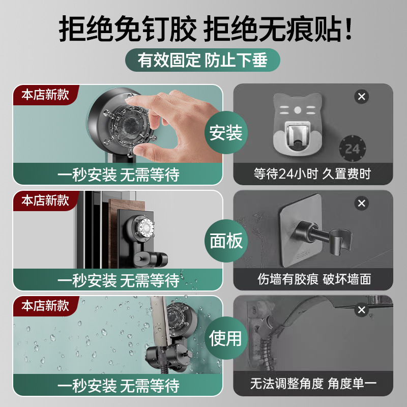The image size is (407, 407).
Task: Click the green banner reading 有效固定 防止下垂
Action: coord(202,60)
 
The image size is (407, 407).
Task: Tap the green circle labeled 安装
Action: coord(226,132)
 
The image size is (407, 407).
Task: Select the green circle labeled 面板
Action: coord(226,241)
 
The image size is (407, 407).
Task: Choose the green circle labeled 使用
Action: coord(225,338)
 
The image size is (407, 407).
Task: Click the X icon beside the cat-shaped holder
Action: coord(362,97)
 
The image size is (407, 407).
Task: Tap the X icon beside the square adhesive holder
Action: coord(362,203)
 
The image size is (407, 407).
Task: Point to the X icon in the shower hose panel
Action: coord(362,310)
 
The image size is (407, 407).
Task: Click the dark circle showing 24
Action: coord(353,149)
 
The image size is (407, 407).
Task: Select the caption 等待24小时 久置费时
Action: coord(312,173)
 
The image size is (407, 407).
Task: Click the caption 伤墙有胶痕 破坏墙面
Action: coord(314,279)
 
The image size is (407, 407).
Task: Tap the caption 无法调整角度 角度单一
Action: coord(313,384)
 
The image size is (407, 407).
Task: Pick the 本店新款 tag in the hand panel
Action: coord(45,95)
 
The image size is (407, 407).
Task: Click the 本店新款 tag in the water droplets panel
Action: coord(45,306)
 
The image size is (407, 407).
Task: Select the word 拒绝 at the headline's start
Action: coord(86,28)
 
